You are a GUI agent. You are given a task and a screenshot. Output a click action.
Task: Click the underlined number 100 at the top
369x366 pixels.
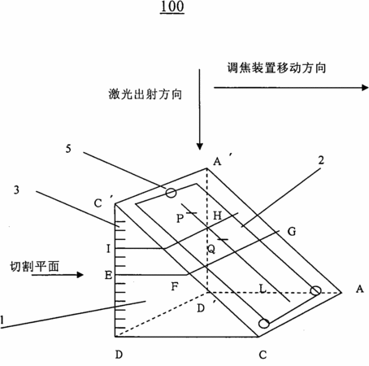(172, 7)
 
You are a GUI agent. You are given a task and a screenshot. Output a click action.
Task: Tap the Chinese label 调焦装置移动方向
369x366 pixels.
(276, 68)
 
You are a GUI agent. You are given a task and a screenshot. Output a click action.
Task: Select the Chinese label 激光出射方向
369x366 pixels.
(145, 94)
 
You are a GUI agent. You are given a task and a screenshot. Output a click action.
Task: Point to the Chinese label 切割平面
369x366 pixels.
(34, 267)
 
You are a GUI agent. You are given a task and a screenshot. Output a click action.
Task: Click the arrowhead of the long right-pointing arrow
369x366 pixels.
(365, 87)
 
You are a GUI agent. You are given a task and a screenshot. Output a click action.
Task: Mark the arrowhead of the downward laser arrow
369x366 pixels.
(200, 146)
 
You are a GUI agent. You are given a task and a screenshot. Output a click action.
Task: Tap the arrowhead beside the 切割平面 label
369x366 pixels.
(80, 275)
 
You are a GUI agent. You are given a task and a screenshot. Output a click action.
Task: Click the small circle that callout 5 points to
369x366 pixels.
(171, 193)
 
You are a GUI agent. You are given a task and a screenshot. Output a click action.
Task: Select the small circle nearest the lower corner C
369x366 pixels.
(264, 324)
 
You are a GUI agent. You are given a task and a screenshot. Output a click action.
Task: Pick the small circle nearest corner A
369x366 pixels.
(315, 290)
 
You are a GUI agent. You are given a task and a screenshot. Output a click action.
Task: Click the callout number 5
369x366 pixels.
(68, 149)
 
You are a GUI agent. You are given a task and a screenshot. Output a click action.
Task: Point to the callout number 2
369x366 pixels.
(321, 160)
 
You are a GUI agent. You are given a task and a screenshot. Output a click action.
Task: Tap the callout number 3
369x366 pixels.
(16, 190)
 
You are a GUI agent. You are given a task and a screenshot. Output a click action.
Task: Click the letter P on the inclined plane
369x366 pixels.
(180, 218)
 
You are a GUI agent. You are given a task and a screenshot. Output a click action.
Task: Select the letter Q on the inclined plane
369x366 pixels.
(211, 249)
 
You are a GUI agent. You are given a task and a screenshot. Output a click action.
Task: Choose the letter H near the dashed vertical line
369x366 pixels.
(218, 216)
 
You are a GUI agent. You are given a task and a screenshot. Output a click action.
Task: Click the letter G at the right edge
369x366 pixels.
(292, 232)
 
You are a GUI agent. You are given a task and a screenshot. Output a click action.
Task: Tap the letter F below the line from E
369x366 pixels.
(175, 286)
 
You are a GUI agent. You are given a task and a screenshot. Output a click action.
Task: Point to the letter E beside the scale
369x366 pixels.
(108, 276)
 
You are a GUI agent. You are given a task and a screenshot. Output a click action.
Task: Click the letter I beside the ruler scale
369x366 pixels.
(108, 249)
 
